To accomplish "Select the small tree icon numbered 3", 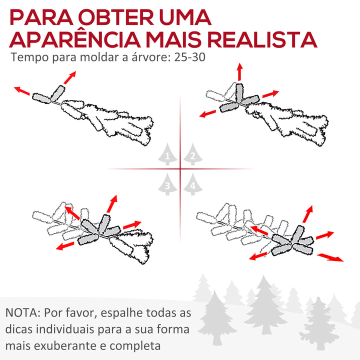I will (167, 185).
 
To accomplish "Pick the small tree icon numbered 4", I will (192, 185).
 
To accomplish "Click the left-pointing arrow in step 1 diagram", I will (21, 91).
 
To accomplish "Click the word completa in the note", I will (138, 346).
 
